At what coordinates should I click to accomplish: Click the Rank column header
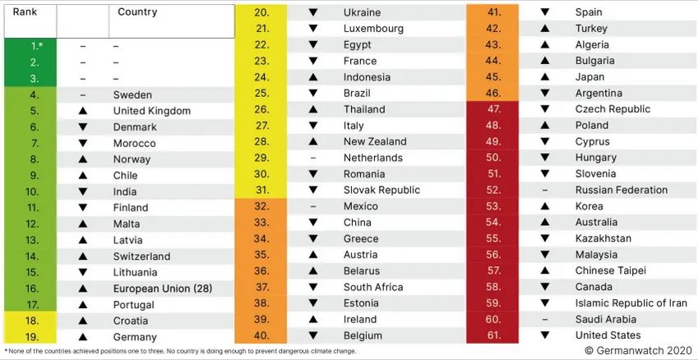tap(25, 12)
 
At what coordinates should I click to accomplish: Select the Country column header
tap(138, 12)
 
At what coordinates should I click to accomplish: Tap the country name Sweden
tap(132, 95)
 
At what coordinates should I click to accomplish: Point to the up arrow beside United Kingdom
tap(82, 111)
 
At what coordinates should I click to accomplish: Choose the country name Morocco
tap(134, 143)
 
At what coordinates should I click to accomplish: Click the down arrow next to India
tap(82, 192)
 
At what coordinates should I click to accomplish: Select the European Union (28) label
tap(164, 288)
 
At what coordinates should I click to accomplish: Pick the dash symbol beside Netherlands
tap(312, 158)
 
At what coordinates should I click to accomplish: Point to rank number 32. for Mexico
tap(262, 206)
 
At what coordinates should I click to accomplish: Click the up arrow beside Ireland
tap(312, 319)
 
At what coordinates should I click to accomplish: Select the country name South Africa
tap(373, 287)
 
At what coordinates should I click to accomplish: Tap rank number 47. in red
tap(493, 109)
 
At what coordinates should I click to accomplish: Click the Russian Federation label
tap(622, 190)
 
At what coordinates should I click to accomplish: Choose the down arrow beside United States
tap(544, 335)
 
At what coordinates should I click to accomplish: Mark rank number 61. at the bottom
tap(493, 335)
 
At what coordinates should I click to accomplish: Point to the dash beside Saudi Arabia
tap(544, 319)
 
